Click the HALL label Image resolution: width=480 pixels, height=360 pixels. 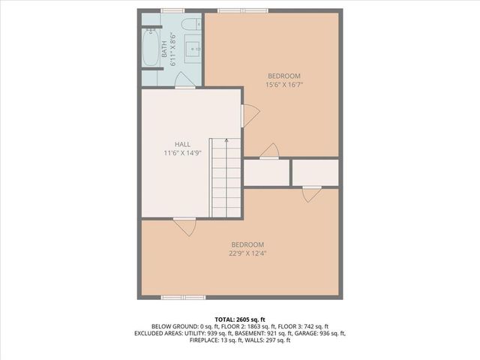point(182,144)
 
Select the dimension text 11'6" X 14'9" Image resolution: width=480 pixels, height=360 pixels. point(182,153)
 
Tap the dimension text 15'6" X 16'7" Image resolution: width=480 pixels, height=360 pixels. point(283,85)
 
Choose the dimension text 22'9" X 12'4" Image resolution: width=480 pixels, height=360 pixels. point(247,253)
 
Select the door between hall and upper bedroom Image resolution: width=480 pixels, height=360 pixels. point(248,115)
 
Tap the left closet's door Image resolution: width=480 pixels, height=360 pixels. point(268,153)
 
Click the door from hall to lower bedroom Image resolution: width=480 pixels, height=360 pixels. point(184,224)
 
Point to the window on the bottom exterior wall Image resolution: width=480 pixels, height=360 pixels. point(183,297)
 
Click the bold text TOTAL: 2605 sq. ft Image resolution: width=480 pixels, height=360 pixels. point(239,319)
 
